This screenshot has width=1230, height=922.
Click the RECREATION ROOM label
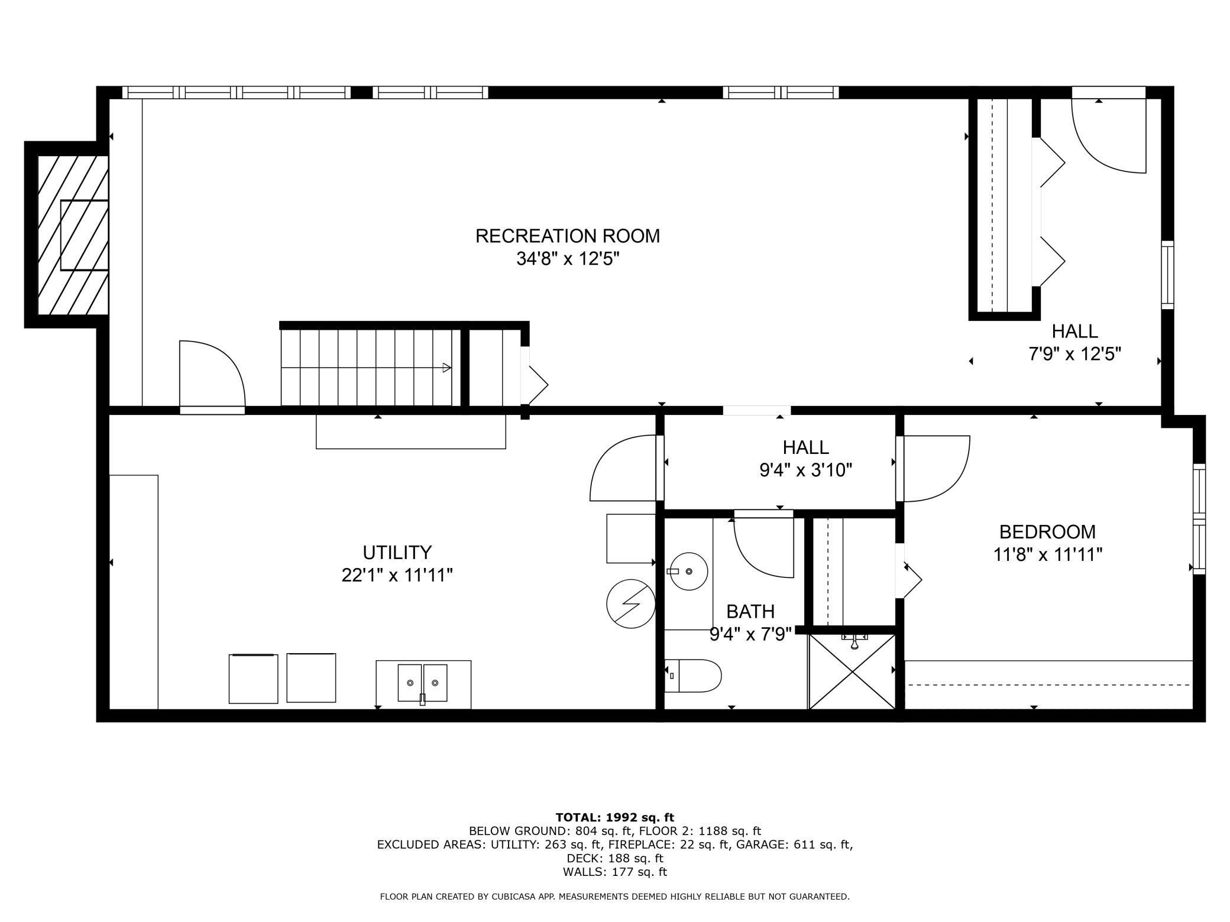pyautogui.click(x=568, y=236)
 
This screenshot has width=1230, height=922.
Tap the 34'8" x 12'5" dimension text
pyautogui.click(x=568, y=259)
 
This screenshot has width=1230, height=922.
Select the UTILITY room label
pyautogui.click(x=397, y=552)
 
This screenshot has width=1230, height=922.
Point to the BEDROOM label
pyautogui.click(x=1047, y=532)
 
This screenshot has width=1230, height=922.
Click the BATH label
pyautogui.click(x=750, y=611)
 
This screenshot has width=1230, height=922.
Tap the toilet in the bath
pyautogui.click(x=693, y=676)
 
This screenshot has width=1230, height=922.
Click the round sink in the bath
pyautogui.click(x=689, y=572)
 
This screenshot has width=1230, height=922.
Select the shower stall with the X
pyautogui.click(x=852, y=671)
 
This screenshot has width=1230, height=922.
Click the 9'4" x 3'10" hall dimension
pyautogui.click(x=806, y=470)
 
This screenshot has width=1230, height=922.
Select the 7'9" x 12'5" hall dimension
pyautogui.click(x=1075, y=354)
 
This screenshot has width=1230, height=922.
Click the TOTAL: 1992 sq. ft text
pyautogui.click(x=615, y=817)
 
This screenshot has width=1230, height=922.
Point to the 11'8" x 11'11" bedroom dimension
pyautogui.click(x=1048, y=555)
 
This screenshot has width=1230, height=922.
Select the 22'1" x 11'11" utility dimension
pyautogui.click(x=397, y=575)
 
